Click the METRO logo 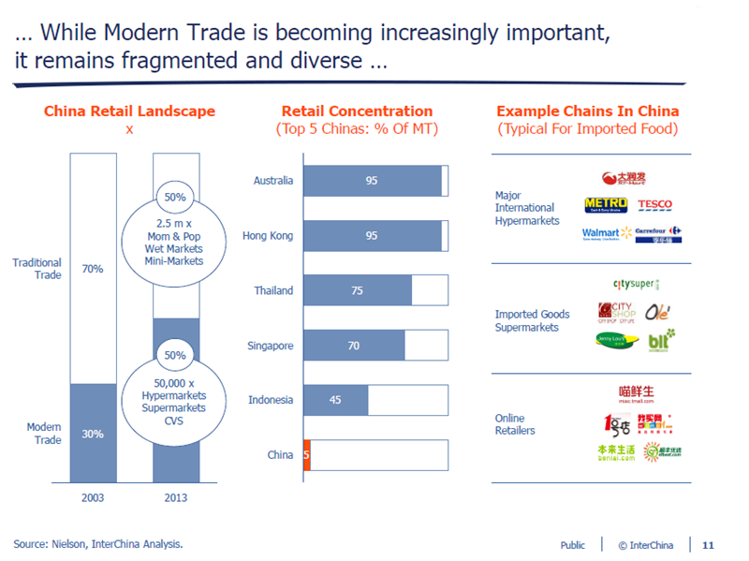[605, 205]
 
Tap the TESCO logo [654, 204]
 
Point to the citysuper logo [636, 284]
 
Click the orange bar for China [306, 455]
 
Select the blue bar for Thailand [357, 290]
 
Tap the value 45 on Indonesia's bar [335, 400]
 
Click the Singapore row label [270, 346]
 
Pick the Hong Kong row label [268, 235]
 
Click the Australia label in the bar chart [273, 180]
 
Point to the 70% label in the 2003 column [92, 269]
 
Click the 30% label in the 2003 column [92, 434]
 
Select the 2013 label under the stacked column [175, 497]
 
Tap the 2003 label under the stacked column [92, 497]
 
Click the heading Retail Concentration [357, 111]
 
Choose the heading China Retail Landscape [129, 111]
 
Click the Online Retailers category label [515, 424]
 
